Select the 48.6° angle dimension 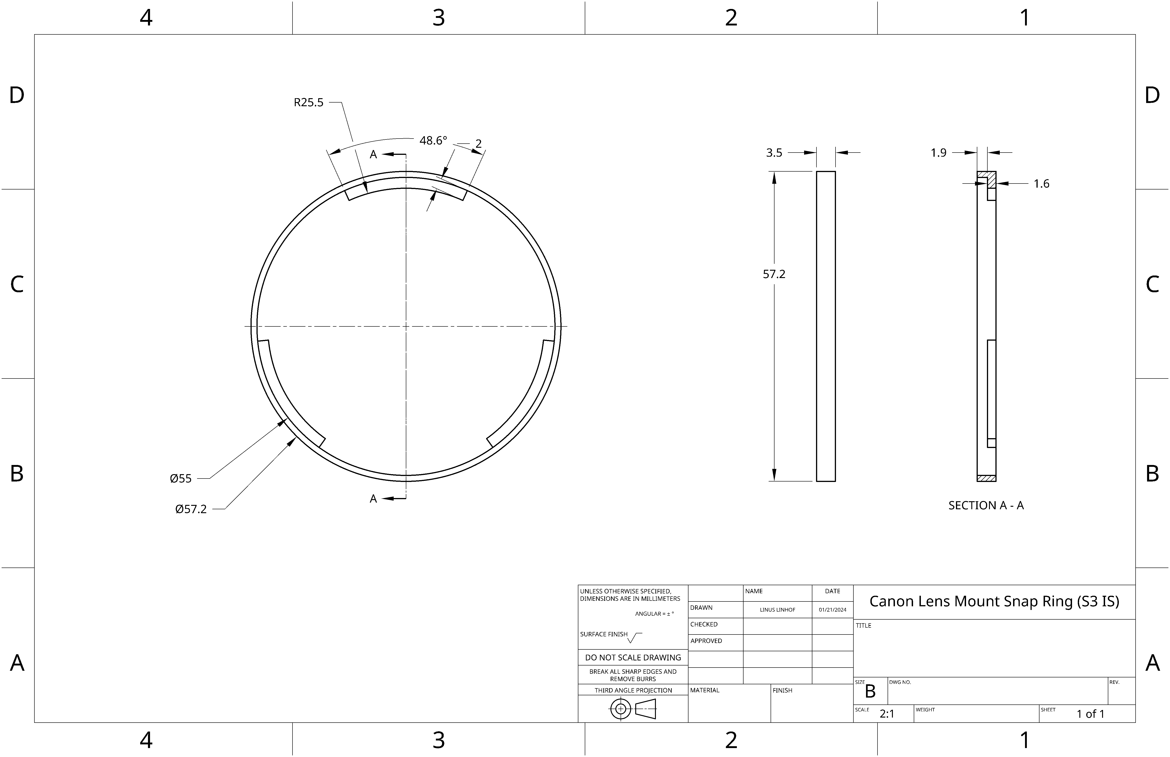[x=433, y=141]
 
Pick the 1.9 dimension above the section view [x=939, y=153]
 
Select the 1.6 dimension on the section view [x=1041, y=184]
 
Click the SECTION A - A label [x=986, y=505]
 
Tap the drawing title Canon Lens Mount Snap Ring [x=994, y=601]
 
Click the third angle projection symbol [x=633, y=709]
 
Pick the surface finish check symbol [x=634, y=637]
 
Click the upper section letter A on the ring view [x=373, y=154]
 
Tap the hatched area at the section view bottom [x=986, y=478]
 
